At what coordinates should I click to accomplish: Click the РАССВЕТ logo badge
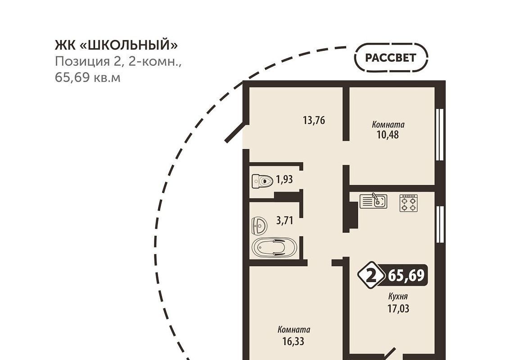tap(391, 58)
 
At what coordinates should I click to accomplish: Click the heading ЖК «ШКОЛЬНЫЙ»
tap(116, 45)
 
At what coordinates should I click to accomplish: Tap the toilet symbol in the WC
tap(262, 181)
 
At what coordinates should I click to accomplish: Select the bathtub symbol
tap(274, 248)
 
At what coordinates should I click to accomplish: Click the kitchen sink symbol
tap(373, 201)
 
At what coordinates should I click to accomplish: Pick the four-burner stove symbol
tap(408, 203)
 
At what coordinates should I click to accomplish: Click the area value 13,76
tap(314, 120)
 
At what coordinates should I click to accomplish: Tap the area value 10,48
tap(388, 135)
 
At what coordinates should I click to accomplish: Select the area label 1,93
tap(284, 179)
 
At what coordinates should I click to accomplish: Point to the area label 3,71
tap(285, 221)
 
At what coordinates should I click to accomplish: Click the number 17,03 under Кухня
tap(398, 309)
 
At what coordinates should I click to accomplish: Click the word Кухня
tap(398, 296)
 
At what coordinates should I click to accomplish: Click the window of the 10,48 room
tap(439, 134)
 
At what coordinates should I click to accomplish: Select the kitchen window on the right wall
tap(439, 224)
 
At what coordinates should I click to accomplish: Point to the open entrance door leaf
tap(236, 132)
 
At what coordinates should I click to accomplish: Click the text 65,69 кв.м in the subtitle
tap(87, 78)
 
